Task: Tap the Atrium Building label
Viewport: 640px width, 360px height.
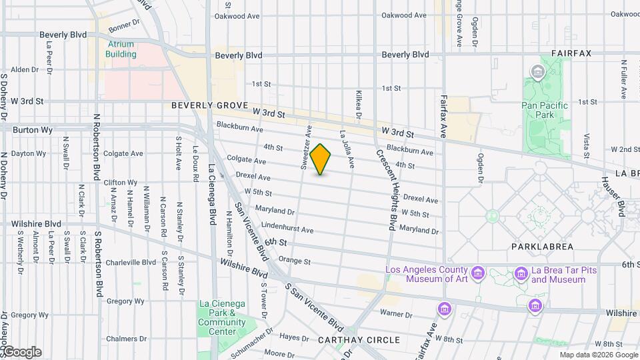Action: tap(121, 49)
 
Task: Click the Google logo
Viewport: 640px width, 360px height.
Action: tap(21, 352)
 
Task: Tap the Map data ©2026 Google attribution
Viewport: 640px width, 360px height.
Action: tap(599, 355)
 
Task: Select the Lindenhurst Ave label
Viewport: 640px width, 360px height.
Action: tap(287, 229)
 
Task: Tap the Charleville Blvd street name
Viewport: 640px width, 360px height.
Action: tap(131, 262)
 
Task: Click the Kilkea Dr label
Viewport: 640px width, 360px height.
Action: tap(358, 106)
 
